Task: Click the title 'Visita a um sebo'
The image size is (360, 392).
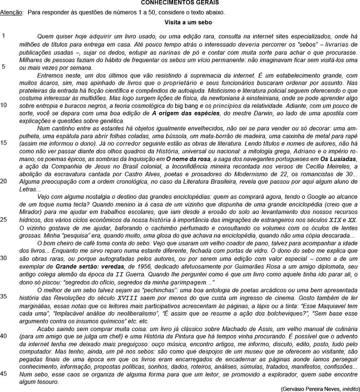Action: coord(188,23)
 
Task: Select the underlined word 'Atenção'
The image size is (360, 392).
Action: coord(12,12)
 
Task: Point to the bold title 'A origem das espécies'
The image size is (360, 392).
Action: coord(186,113)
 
